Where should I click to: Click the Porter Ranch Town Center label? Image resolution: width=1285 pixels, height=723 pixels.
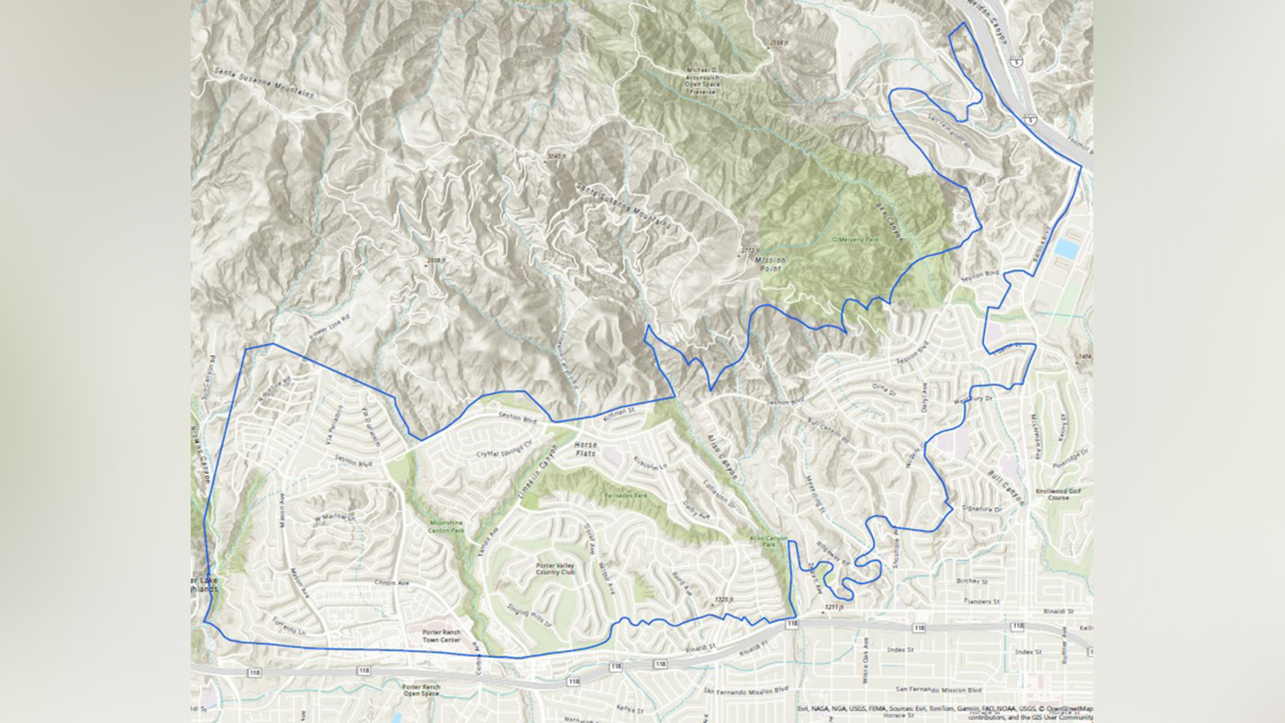(441, 635)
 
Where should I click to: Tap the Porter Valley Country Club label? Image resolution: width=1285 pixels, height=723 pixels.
(555, 569)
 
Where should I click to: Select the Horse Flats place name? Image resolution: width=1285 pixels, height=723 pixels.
(585, 449)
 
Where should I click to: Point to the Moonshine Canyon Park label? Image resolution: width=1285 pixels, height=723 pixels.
(446, 526)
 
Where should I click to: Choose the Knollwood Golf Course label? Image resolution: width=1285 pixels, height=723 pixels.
(1057, 494)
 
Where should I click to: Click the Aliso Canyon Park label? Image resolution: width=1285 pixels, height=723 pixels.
(769, 541)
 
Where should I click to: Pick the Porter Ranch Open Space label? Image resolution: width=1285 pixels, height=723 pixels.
(421, 690)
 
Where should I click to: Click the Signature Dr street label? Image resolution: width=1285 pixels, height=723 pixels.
(981, 509)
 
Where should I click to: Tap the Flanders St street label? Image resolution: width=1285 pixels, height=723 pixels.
(983, 601)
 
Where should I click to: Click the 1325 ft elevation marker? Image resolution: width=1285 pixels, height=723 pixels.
(724, 599)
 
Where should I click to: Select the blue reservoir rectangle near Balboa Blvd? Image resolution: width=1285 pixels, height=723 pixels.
(1066, 248)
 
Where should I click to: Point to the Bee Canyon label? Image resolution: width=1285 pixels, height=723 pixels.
(890, 223)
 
